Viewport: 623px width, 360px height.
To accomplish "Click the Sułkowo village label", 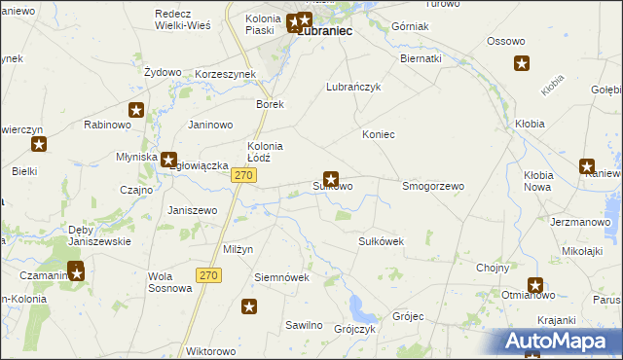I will (333, 186).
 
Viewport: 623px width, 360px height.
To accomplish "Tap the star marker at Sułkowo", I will (331, 178).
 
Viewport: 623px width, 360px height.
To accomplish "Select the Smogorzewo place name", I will (433, 185).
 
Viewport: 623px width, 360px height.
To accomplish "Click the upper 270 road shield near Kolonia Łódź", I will (243, 175).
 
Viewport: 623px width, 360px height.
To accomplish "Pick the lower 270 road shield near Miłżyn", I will (208, 275).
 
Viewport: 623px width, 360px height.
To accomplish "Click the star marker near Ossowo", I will (522, 64).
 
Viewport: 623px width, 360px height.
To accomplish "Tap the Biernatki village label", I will (421, 58).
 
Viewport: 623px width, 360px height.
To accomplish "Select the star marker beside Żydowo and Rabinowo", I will (136, 111).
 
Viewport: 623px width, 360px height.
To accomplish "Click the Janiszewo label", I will (192, 210).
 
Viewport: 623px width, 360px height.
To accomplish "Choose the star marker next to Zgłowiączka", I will (168, 160).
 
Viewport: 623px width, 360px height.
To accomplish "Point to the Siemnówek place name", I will (281, 276).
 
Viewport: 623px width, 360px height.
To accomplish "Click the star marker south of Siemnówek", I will (249, 307).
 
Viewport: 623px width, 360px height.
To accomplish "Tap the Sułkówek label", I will (381, 240).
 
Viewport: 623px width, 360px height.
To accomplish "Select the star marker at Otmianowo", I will (535, 285).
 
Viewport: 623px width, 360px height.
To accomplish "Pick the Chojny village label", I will (494, 268).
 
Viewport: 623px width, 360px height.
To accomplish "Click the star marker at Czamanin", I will (76, 271).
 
